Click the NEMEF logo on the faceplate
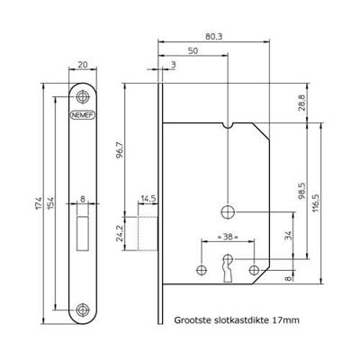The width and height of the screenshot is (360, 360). (83, 116)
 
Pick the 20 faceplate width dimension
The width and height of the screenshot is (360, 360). (83, 66)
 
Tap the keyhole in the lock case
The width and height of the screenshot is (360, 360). (227, 270)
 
